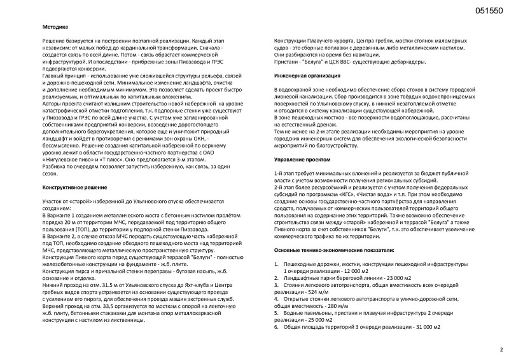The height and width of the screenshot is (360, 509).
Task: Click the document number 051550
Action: (489, 11)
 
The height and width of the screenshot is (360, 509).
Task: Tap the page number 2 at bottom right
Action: (501, 349)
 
